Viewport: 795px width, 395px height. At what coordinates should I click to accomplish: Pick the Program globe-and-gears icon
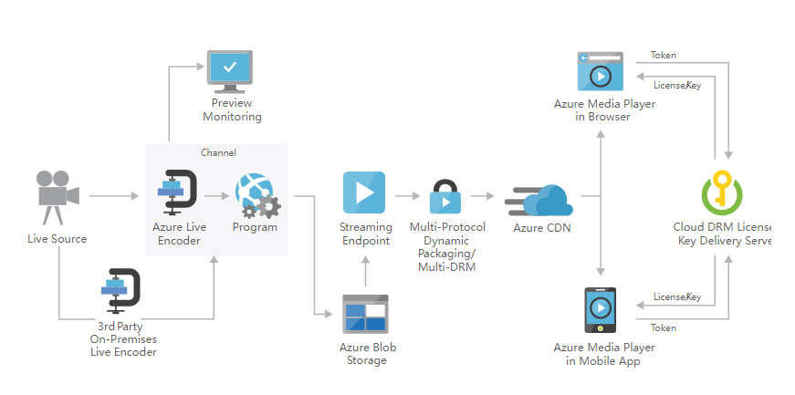(x=256, y=194)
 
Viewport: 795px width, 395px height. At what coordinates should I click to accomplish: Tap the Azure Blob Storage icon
(x=364, y=314)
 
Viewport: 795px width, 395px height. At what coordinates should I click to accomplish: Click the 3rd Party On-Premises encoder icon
(x=120, y=293)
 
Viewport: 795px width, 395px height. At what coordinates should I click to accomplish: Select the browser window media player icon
(x=600, y=72)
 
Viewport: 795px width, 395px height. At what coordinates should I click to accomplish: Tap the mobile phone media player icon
(x=600, y=313)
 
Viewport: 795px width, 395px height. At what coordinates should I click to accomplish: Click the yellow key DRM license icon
(x=723, y=193)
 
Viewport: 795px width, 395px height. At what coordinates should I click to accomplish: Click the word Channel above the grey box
(x=218, y=152)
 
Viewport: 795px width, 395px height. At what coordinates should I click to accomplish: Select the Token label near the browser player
(x=664, y=56)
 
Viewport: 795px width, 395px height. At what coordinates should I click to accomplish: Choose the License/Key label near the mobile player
(x=676, y=297)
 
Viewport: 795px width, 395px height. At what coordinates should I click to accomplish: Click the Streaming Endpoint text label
(x=364, y=234)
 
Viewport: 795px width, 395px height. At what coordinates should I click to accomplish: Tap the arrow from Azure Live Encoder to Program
(x=216, y=195)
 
